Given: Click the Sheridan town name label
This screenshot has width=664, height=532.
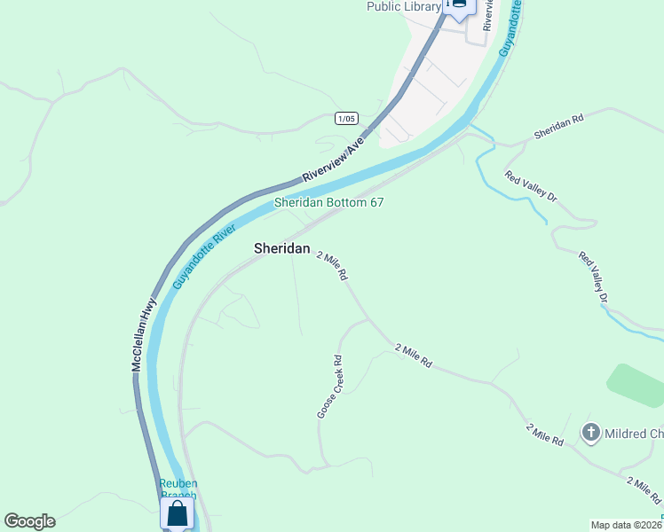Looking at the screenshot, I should [x=282, y=249].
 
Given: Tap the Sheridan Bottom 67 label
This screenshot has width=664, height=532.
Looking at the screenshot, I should [x=328, y=203].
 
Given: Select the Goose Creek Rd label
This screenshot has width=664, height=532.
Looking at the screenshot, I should [x=329, y=387].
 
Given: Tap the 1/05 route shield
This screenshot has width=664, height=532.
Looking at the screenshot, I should [x=346, y=118].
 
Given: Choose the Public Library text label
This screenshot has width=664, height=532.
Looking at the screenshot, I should [x=404, y=7].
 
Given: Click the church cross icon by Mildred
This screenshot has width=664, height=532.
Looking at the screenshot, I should [x=590, y=433].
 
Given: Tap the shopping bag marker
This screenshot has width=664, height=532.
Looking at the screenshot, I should [x=178, y=513].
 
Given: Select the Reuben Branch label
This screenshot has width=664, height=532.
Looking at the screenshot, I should [x=178, y=489].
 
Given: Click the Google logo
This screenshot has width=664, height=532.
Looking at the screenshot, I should [x=29, y=521].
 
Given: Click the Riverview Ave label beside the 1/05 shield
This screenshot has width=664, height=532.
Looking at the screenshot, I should [x=334, y=160].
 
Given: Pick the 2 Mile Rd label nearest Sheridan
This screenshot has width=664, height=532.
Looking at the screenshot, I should [x=332, y=264].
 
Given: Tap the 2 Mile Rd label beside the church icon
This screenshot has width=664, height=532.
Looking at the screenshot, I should [x=545, y=434].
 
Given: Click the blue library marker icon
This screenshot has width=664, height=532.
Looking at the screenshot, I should [x=459, y=6].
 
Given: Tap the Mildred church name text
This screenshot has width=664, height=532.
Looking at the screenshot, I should [x=634, y=434].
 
